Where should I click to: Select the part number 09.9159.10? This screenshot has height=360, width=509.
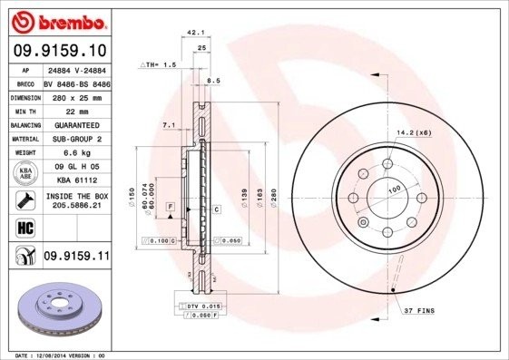pos(60,51)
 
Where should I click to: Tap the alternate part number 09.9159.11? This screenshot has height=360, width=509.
pos(75,258)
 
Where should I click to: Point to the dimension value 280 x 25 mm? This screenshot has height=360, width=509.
pos(75,95)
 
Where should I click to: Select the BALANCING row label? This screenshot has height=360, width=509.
pos(23,124)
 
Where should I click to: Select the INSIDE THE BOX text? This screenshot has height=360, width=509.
pos(75,196)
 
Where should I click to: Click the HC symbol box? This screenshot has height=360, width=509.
pos(23,228)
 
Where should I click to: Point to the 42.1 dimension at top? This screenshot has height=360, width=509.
pos(192,34)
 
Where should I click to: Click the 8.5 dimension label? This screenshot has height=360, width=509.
pos(214,81)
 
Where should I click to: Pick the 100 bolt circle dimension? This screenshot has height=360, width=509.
pos(395,190)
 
